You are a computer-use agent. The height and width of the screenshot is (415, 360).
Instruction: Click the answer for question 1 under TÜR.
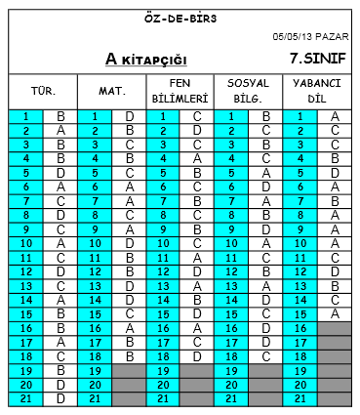tap(60, 116)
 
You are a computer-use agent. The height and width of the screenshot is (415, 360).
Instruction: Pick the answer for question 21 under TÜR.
tap(60, 398)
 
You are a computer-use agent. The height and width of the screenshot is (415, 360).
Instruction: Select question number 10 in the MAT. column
tap(95, 243)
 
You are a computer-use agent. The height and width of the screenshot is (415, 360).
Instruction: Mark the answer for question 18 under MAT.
tap(129, 355)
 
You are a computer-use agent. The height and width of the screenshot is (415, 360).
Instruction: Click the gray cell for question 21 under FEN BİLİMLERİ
tap(197, 398)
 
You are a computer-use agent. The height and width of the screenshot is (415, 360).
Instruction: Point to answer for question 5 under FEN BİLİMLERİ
tap(197, 172)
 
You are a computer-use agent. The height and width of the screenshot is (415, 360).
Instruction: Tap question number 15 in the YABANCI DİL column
tap(300, 313)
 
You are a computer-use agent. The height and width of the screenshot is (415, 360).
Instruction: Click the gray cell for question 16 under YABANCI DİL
tap(335, 328)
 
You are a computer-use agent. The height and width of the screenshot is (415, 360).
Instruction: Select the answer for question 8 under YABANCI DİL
tap(335, 215)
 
